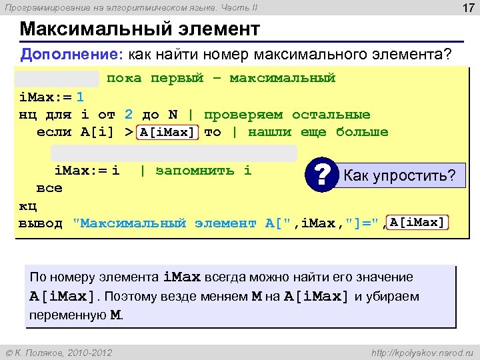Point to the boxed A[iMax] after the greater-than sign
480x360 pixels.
168,132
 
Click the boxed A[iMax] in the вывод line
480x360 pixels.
418,222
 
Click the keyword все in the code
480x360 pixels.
49,188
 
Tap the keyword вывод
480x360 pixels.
41,223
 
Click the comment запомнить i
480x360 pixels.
203,171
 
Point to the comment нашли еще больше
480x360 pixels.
318,132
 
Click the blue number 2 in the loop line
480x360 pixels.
129,115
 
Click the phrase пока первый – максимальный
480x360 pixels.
221,79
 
